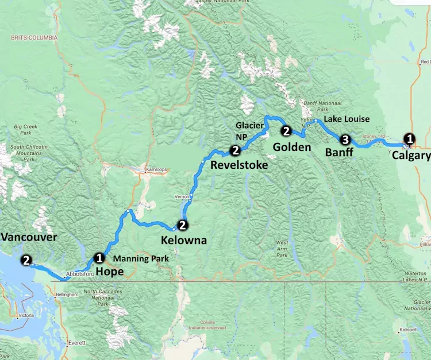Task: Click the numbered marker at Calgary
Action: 409,138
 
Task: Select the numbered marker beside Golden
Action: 286,131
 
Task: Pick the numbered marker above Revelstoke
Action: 234,150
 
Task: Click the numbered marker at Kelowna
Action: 182,224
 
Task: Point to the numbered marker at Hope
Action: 99,258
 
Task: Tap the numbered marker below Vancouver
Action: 26,260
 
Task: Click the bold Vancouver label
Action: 29,237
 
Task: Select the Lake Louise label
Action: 347,119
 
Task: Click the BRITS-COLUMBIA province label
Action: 34,37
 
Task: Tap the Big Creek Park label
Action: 25,129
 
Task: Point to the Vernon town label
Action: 182,196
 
